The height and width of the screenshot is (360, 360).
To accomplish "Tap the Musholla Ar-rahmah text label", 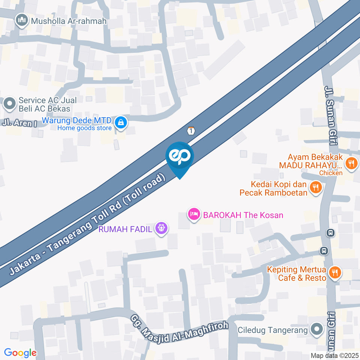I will [x=69, y=21].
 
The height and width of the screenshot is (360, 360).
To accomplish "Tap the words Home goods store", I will [x=84, y=128].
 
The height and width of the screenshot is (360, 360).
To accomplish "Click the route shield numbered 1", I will [x=191, y=131].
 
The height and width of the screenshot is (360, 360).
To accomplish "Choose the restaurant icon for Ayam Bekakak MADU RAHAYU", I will [x=351, y=163].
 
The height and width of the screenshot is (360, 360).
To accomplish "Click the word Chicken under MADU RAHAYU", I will [x=331, y=173].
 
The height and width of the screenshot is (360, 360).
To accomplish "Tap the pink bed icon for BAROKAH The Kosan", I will [x=193, y=214].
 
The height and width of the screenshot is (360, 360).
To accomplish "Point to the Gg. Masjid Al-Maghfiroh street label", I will [x=179, y=330].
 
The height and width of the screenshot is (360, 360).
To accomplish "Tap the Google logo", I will [x=20, y=352].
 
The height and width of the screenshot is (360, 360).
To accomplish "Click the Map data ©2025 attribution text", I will [x=334, y=355].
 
